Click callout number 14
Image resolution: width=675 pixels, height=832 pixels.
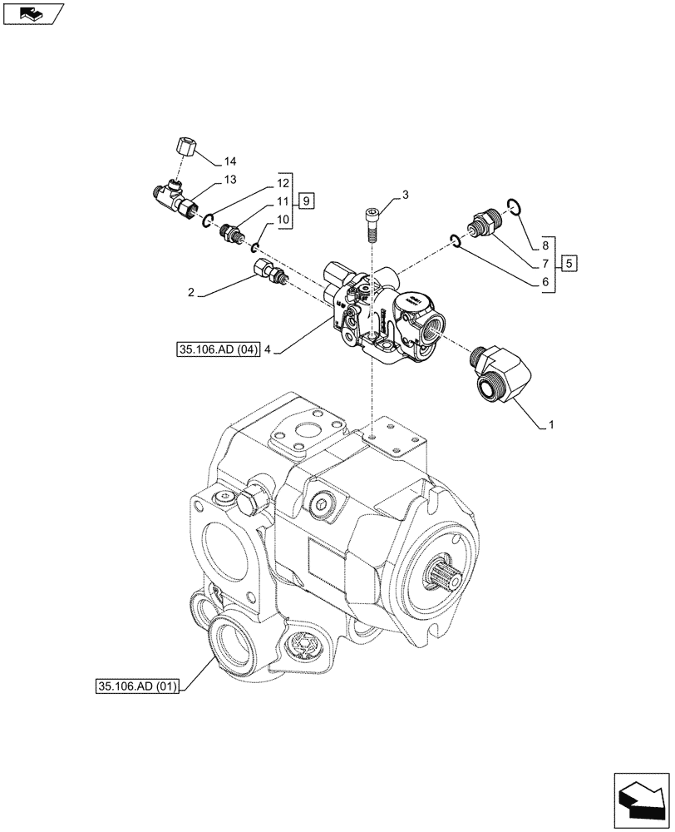coord(230,161)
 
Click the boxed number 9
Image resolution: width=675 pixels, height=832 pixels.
coord(307,201)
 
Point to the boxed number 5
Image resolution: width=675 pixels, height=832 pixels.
coord(569,264)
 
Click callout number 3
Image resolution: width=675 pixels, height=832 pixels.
coord(405,196)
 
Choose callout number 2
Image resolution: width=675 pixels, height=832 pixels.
coord(191,293)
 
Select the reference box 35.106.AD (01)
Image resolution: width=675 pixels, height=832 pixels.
coord(137,686)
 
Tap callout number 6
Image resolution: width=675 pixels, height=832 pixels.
coord(545,283)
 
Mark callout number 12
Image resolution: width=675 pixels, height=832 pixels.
coord(283,183)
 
